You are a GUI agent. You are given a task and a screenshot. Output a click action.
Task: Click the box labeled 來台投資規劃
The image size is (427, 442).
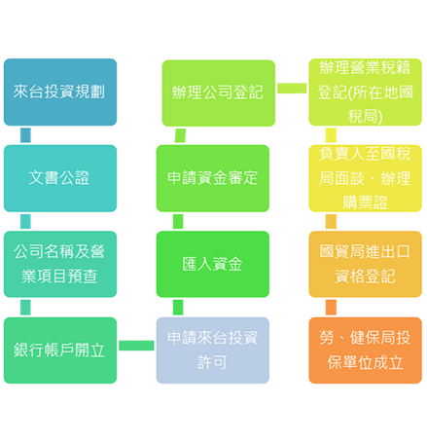tap(59, 92)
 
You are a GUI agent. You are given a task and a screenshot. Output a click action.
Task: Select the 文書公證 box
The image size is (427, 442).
tap(59, 178)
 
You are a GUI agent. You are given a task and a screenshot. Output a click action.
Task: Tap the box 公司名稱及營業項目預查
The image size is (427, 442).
tap(59, 264)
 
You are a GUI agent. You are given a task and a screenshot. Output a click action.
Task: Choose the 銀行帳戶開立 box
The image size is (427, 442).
tap(59, 349)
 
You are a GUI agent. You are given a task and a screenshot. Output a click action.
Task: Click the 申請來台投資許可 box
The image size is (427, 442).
tap(212, 349)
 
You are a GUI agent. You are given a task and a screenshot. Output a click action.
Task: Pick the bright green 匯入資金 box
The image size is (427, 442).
tap(212, 264)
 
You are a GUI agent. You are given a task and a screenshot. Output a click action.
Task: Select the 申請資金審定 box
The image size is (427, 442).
tap(212, 178)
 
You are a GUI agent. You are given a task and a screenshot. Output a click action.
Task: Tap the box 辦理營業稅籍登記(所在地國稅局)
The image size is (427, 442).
tap(365, 92)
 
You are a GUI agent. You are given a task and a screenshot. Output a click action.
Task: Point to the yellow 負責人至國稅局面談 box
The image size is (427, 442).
tap(365, 178)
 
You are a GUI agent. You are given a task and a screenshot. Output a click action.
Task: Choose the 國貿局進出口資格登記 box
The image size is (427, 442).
tap(365, 264)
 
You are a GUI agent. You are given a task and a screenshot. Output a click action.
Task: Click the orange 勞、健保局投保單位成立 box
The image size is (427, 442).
tap(365, 349)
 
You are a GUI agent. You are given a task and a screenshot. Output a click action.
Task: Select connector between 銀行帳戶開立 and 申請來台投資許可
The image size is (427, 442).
tap(136, 346)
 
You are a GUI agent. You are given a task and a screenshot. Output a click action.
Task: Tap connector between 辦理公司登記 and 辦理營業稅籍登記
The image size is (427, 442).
tap(291, 90)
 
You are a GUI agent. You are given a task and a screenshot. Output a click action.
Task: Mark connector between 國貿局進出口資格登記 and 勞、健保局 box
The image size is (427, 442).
tap(331, 307)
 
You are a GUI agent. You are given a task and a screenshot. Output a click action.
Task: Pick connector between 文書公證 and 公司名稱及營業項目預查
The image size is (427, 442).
tap(24, 221)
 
